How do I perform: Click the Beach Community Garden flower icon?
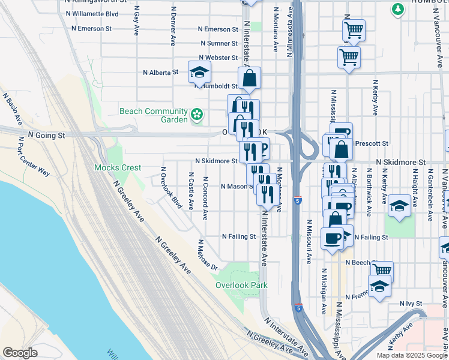(x=196, y=114)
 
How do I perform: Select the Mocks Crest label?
(x=118, y=167)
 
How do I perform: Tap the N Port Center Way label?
(x=34, y=156)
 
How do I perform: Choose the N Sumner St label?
(x=218, y=43)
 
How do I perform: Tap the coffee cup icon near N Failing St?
(x=332, y=239)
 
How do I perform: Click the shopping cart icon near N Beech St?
(x=382, y=270)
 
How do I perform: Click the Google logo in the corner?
(x=20, y=352)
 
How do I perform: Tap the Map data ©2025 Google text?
(x=411, y=355)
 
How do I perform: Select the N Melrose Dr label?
(x=206, y=255)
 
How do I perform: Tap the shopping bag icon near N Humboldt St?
(x=249, y=79)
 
